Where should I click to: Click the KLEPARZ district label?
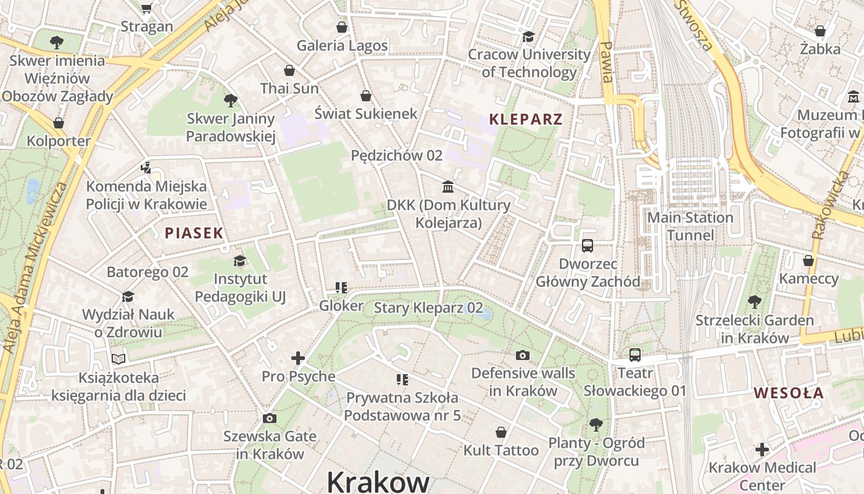click(526, 119)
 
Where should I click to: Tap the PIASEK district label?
click(194, 233)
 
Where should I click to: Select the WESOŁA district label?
click(788, 393)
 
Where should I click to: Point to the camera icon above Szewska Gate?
click(269, 419)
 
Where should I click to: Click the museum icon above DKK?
click(448, 186)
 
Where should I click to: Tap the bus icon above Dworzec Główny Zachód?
click(588, 246)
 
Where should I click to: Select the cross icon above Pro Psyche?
click(298, 358)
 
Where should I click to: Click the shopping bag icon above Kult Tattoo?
click(501, 432)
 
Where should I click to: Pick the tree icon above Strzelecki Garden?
click(754, 302)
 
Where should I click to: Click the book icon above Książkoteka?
click(118, 359)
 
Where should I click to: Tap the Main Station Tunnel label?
click(690, 226)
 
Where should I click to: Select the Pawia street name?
click(606, 62)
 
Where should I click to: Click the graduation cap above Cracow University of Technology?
click(528, 36)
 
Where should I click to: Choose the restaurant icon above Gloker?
click(341, 288)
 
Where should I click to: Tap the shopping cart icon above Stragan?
click(146, 8)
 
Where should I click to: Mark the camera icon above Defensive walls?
click(523, 355)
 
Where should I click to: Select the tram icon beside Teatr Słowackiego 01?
click(634, 355)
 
